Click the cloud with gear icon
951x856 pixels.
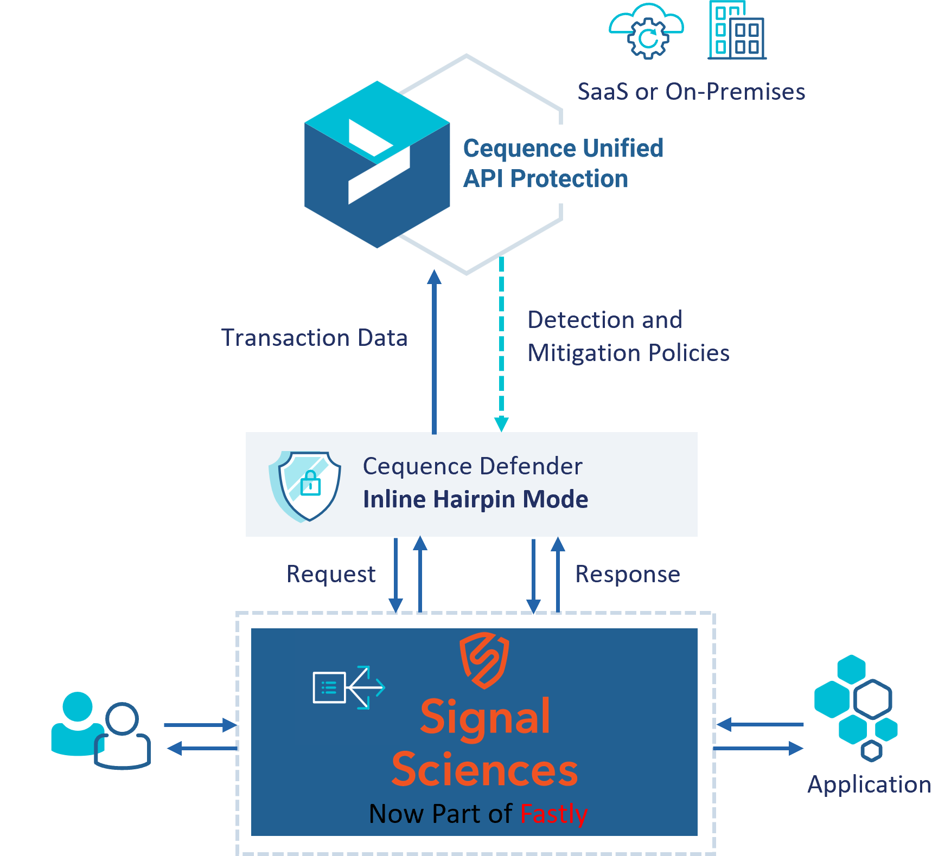tap(646, 31)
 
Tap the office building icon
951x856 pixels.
tap(737, 30)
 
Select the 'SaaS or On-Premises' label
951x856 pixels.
tap(691, 92)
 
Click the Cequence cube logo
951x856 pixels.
tap(377, 164)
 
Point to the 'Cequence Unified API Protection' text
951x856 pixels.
tap(563, 163)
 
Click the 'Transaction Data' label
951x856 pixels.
tap(314, 337)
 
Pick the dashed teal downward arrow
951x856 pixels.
tap(501, 344)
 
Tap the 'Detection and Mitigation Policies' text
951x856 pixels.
tap(628, 336)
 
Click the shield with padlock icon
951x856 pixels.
tap(305, 486)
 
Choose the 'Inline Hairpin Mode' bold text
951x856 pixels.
tap(475, 499)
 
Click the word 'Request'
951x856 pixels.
tap(331, 574)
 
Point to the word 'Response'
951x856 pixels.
tap(628, 574)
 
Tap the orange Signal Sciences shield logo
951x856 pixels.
tap(484, 660)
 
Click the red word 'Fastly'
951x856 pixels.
tap(554, 814)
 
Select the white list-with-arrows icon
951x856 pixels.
tap(349, 687)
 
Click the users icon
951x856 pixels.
tap(101, 730)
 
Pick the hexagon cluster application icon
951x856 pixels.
tap(856, 707)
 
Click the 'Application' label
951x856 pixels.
tap(869, 785)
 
